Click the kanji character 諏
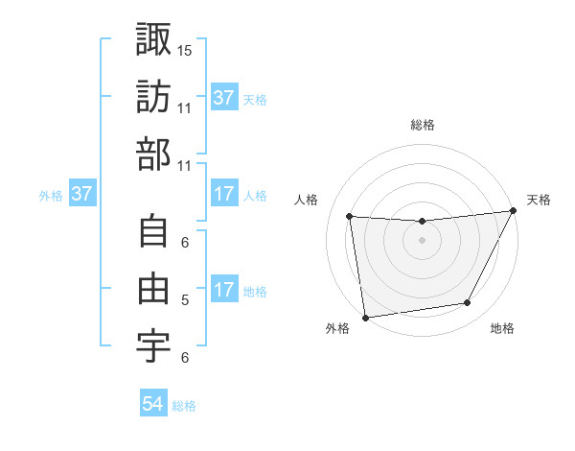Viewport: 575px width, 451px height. (154, 39)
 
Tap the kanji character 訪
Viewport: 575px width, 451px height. (154, 97)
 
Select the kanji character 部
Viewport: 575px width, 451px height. (154, 154)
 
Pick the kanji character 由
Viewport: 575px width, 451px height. (154, 289)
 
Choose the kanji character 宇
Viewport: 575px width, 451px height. (154, 346)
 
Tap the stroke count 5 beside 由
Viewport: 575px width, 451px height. (185, 299)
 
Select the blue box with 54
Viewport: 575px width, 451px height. (153, 405)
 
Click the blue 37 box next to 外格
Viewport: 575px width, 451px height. (82, 195)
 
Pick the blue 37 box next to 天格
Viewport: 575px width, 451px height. (224, 98)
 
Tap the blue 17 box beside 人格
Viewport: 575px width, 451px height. (224, 195)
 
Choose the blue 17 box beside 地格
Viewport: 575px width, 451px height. (224, 291)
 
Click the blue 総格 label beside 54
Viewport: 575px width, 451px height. (184, 406)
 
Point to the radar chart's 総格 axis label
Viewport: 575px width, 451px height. (422, 125)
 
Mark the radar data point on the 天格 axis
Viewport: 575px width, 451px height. (515, 211)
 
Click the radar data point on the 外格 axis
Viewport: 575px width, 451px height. (364, 317)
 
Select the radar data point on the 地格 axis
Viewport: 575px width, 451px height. (468, 303)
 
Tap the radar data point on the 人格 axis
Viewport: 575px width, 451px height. (350, 217)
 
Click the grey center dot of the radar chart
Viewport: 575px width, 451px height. (422, 241)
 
